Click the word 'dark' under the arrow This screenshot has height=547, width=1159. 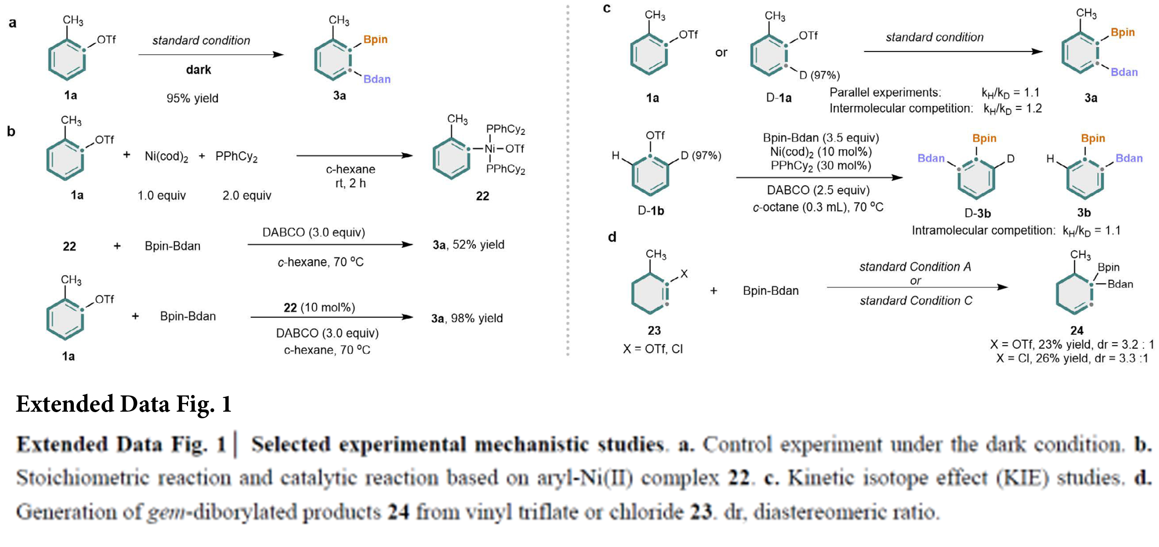(x=199, y=70)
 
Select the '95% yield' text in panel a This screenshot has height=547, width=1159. (x=192, y=98)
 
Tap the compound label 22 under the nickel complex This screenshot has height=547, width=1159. (x=482, y=196)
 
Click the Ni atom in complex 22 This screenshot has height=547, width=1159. (x=490, y=149)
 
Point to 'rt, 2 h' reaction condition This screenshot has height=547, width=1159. (x=351, y=183)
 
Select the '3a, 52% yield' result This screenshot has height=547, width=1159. (x=468, y=245)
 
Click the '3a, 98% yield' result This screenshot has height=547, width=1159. (x=467, y=319)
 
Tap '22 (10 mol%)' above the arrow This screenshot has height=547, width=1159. (x=319, y=307)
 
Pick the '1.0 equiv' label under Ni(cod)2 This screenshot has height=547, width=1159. (x=162, y=195)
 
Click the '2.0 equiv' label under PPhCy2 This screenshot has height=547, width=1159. (x=246, y=195)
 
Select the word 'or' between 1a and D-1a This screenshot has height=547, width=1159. (x=721, y=53)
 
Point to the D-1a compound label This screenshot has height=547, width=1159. (x=779, y=98)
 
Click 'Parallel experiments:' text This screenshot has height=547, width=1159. (x=885, y=92)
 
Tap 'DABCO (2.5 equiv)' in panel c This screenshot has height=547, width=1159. (x=818, y=190)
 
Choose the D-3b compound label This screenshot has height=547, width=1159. (x=977, y=213)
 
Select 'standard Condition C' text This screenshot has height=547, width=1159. (x=916, y=301)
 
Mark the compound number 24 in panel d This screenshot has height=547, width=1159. (x=1077, y=331)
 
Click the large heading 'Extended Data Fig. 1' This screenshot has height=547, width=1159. (x=124, y=403)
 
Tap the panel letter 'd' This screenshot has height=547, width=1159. (x=612, y=237)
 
